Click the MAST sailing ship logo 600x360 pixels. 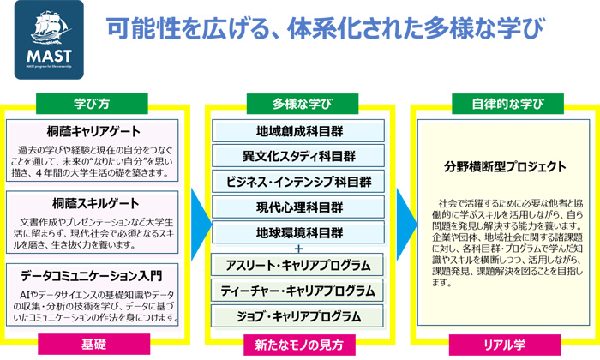point(49,39)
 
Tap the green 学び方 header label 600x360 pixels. point(92,104)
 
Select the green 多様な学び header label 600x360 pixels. point(303,104)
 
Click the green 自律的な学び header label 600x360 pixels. point(507,104)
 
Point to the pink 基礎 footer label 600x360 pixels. point(93,345)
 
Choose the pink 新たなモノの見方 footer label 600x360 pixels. point(299,345)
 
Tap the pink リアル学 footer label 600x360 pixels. point(505,345)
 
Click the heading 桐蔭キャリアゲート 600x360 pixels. point(93,132)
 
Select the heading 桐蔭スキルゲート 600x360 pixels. point(96,203)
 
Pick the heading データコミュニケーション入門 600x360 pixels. point(92,276)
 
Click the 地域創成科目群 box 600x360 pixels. point(298,131)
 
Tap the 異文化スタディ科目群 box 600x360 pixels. point(298,156)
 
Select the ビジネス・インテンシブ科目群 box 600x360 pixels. point(298,182)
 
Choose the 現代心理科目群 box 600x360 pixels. point(298,207)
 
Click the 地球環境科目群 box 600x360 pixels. point(298,232)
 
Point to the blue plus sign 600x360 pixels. point(298,249)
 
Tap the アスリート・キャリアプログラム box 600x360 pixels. point(297,265)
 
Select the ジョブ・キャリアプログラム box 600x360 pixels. point(297,316)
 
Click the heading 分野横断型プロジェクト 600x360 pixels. point(505,167)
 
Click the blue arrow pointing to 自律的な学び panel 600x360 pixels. point(406,225)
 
